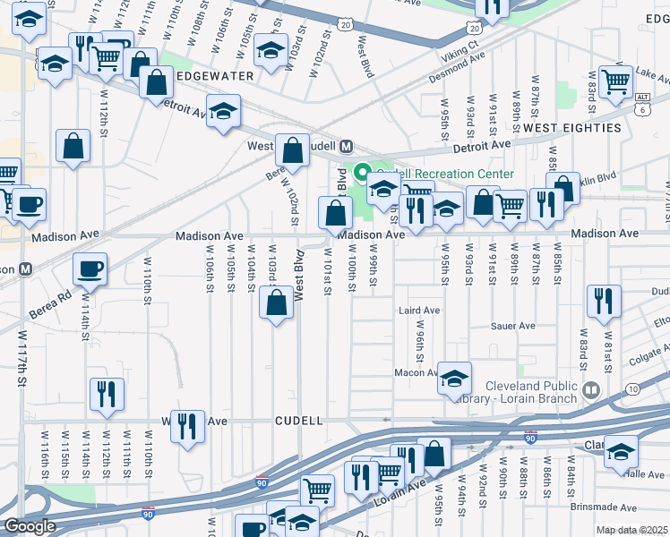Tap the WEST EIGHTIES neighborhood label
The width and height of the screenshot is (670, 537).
click(x=571, y=128)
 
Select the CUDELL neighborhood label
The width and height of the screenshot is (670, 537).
click(x=298, y=420)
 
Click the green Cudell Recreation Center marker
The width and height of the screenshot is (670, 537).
click(x=364, y=173)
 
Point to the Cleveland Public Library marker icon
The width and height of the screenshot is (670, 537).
click(x=590, y=388)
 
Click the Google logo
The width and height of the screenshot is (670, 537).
click(x=29, y=526)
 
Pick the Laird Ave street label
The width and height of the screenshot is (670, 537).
click(x=418, y=311)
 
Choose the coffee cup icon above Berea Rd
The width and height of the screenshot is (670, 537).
click(x=89, y=268)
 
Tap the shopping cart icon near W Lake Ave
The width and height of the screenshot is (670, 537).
click(x=615, y=81)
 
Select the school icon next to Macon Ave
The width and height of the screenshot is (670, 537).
click(x=454, y=379)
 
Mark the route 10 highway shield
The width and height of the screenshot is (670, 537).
click(x=633, y=388)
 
